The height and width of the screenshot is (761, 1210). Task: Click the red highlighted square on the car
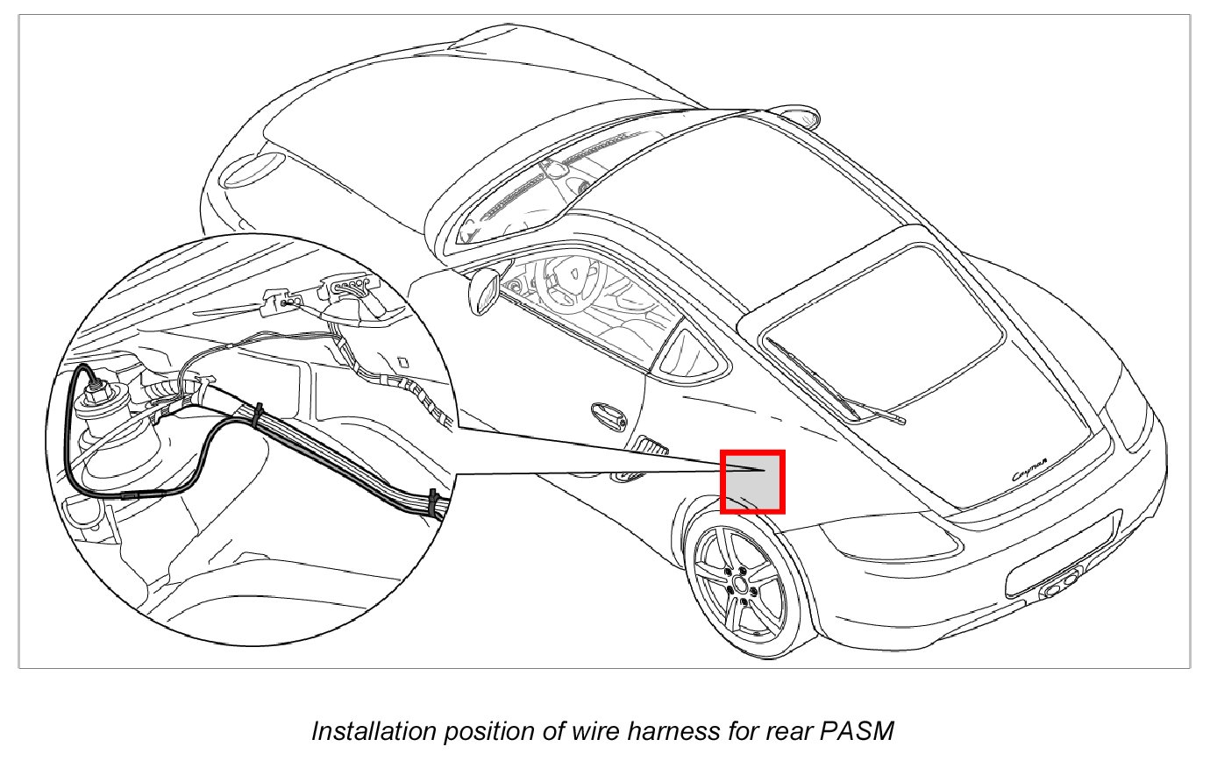[751, 481]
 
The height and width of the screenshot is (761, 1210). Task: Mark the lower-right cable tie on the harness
[434, 505]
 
